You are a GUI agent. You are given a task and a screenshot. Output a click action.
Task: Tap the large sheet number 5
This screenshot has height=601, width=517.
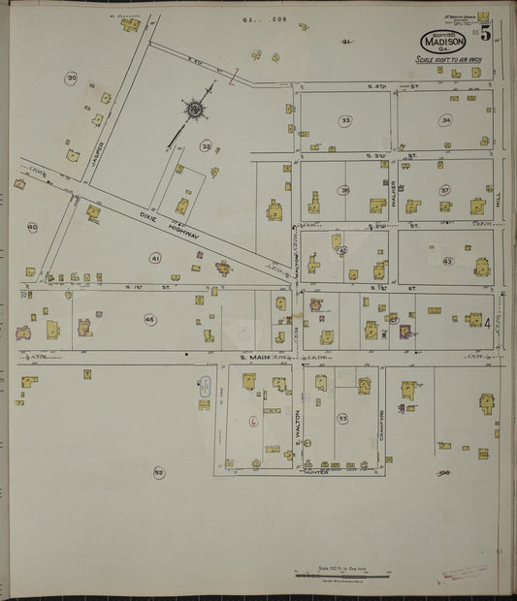(x=484, y=32)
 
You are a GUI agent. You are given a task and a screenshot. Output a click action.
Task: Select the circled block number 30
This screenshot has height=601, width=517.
(x=71, y=79)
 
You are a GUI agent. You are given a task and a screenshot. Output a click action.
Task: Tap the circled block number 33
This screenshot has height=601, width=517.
(x=345, y=120)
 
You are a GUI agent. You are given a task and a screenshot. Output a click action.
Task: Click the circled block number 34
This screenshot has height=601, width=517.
(x=445, y=120)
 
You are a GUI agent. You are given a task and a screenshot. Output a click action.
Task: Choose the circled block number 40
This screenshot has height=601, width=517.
(x=32, y=228)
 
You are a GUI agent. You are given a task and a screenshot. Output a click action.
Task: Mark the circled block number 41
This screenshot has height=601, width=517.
(x=154, y=258)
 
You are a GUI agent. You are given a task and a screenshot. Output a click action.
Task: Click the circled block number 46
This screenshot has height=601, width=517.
(x=149, y=319)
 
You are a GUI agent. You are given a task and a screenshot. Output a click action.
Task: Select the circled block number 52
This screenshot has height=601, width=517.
(x=158, y=472)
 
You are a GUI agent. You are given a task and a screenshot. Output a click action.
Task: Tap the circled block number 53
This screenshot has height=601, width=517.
(x=342, y=418)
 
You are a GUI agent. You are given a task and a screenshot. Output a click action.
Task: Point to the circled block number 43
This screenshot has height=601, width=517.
(x=447, y=261)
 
